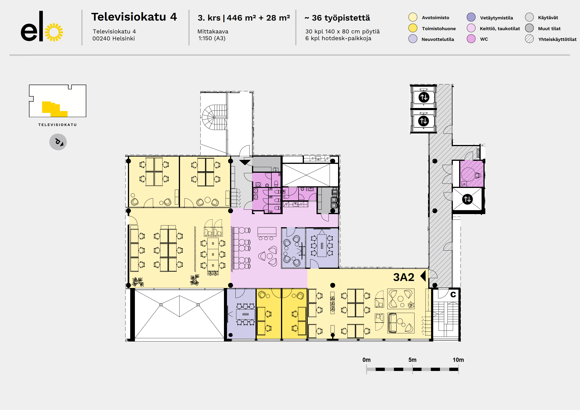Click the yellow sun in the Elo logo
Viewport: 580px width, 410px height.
coord(54,32)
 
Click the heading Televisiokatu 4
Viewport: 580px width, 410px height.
coord(134,17)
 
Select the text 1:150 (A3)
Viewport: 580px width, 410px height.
coord(212,38)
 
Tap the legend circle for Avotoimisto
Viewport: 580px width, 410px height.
coord(413,18)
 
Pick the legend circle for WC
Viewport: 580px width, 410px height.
coord(471,39)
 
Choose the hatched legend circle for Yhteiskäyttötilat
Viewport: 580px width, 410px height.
coord(529,39)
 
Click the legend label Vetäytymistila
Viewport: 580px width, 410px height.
coord(496,18)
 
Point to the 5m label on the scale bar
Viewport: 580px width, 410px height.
coord(412,360)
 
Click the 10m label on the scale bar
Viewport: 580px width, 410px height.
coord(458,360)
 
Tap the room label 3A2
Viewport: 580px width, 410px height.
coord(403,277)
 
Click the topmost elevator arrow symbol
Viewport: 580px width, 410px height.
coord(424,97)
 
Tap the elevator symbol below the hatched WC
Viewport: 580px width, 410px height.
coord(467,199)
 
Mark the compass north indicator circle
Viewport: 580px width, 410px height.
coord(58,142)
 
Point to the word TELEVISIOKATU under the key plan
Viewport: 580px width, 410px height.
coord(57,125)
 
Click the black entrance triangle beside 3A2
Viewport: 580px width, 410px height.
coord(423,276)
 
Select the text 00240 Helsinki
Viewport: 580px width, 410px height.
coord(113,38)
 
